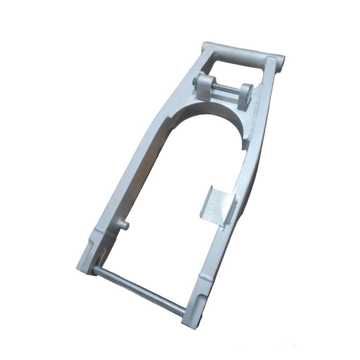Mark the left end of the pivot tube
tap(205, 46)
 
